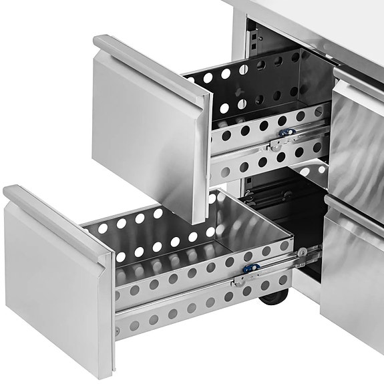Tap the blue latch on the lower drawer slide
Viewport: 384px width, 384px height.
[252, 269]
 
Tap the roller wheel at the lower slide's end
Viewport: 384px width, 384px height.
[303, 252]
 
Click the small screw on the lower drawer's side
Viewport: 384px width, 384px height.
[119, 331]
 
